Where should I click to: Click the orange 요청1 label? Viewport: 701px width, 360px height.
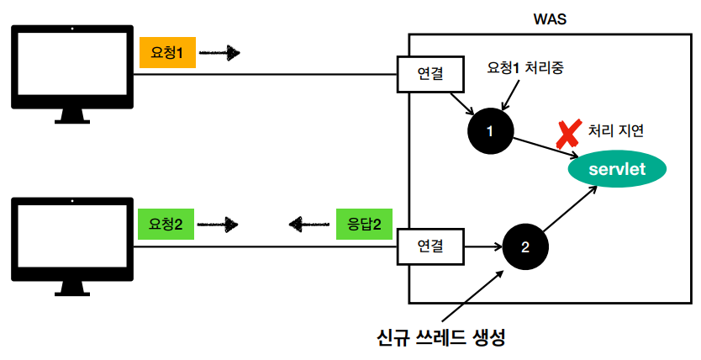click(167, 53)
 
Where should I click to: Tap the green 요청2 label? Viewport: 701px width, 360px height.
click(166, 224)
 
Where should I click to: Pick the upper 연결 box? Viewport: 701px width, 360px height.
click(430, 75)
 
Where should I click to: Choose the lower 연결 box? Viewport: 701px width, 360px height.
click(430, 246)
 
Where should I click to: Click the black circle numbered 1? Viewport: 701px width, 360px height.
click(490, 130)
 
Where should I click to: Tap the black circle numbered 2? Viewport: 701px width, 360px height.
click(525, 247)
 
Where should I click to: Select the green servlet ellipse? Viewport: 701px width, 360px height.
click(618, 169)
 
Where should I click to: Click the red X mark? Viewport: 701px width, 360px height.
click(569, 132)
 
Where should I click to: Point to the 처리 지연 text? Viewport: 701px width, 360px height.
click(616, 130)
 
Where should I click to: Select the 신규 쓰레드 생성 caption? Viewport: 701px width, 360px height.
click(441, 338)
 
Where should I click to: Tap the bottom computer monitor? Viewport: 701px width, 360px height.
click(71, 245)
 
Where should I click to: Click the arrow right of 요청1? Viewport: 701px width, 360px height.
click(220, 54)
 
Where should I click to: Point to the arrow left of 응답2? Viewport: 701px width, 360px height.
click(308, 224)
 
